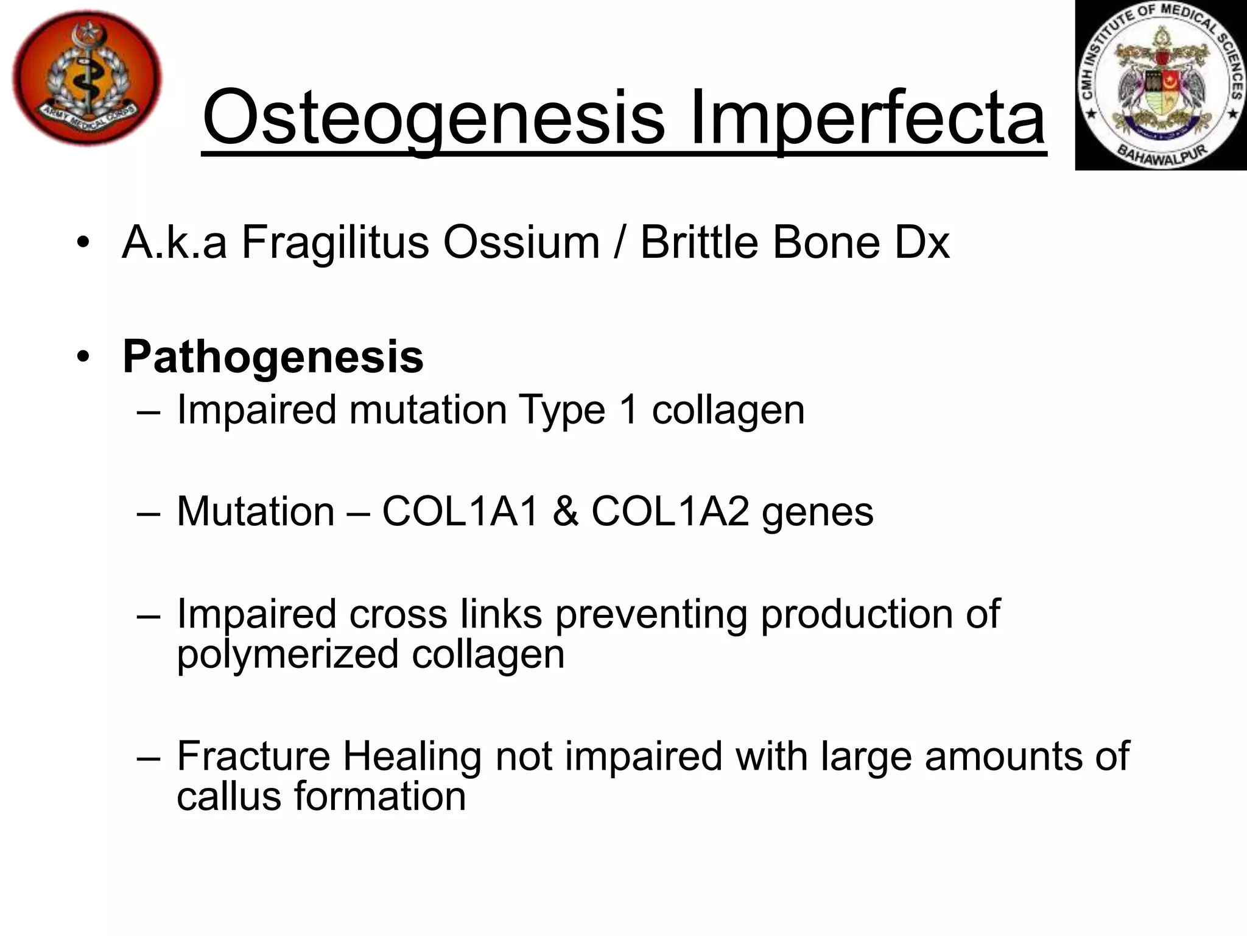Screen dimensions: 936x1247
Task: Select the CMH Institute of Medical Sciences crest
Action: [x=1161, y=85]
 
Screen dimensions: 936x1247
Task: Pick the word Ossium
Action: [x=521, y=243]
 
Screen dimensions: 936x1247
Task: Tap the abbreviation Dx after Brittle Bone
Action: [x=922, y=243]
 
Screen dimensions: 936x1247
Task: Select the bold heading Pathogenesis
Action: [x=273, y=357]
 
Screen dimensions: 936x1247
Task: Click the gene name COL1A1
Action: [x=461, y=511]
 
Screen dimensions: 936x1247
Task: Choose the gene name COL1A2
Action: [x=670, y=511]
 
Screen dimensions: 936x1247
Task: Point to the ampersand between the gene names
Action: [x=566, y=511]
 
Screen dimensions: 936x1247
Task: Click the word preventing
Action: [x=650, y=614]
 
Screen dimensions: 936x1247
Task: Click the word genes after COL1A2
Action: [x=818, y=512]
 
